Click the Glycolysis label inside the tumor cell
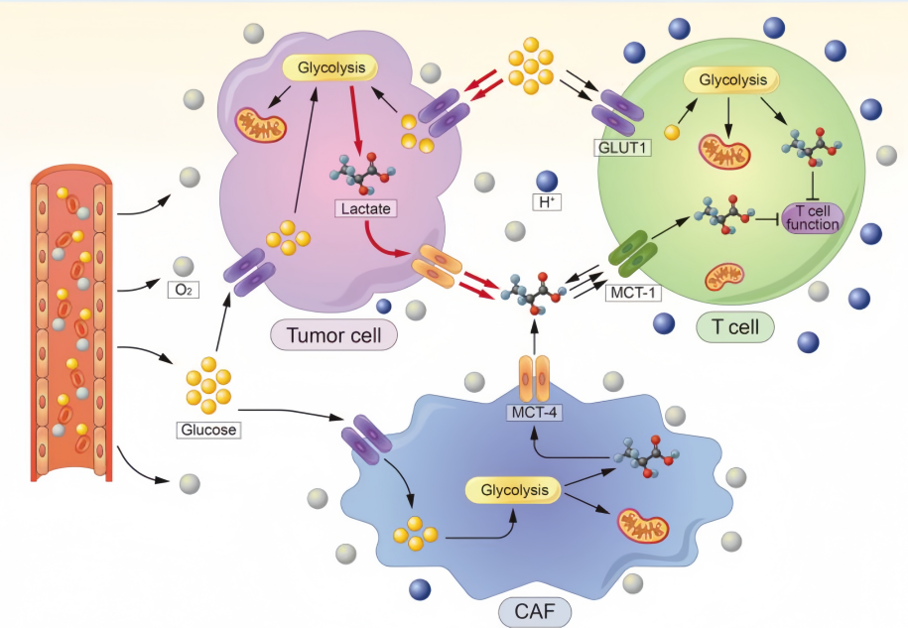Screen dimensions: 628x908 coord(330,68)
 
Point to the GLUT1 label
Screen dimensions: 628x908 coord(621,148)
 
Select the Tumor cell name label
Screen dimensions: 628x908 coord(333,335)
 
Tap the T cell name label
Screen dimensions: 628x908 coord(734,326)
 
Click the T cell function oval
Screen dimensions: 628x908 coord(812,217)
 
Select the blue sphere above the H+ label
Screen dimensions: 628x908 coord(546,181)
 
